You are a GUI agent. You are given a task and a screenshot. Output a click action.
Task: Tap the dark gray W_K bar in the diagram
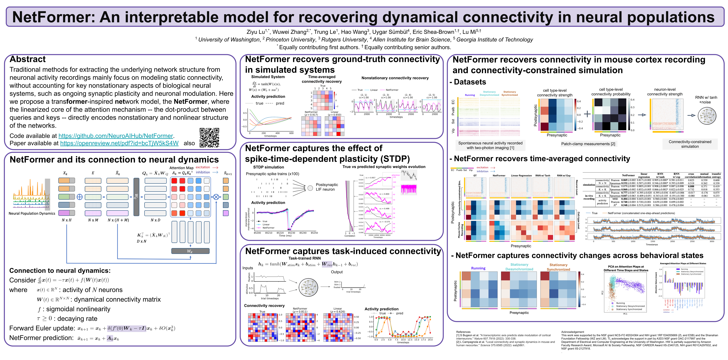tap(190, 251)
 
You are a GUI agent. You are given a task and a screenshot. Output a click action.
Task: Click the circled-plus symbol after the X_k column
tap(80, 197)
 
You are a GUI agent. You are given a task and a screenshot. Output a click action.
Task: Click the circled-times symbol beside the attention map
tap(216, 197)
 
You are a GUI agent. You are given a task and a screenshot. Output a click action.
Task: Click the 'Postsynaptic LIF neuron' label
tap(327, 187)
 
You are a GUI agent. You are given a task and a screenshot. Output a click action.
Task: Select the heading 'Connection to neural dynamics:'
tap(60, 270)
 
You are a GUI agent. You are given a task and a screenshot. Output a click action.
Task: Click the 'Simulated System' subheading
tap(268, 77)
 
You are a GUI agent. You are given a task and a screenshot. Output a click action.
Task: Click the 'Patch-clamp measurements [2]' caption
tap(588, 144)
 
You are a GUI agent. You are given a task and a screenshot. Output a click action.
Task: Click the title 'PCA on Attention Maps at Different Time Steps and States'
tap(626, 268)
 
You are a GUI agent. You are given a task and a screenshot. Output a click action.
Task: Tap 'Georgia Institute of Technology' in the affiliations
tap(495, 40)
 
